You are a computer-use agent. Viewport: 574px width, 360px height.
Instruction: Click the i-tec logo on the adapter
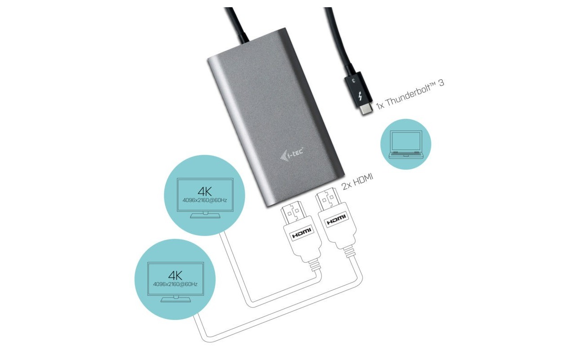[292, 154]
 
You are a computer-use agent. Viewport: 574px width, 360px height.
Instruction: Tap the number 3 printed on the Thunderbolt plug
[354, 80]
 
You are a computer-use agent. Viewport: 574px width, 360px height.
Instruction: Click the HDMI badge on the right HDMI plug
[336, 219]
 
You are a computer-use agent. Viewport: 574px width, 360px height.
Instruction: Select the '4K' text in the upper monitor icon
[205, 191]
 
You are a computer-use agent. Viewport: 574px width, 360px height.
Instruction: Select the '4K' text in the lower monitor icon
[175, 275]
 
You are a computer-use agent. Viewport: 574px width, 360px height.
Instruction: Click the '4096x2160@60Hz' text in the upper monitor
[205, 200]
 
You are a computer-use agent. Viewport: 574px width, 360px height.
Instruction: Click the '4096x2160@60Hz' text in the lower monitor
[175, 284]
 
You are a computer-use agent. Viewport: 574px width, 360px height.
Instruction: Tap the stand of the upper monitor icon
[205, 215]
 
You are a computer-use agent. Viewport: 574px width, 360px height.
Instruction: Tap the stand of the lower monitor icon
[176, 299]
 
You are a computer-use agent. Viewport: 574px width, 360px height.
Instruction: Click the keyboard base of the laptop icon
[406, 154]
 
